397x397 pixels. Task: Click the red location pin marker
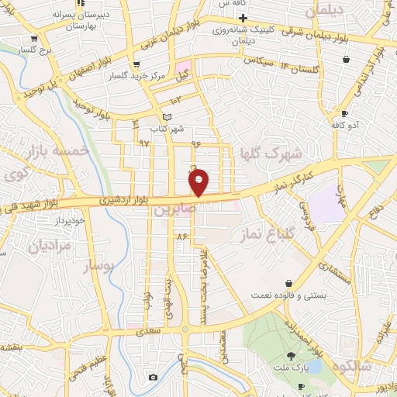click(x=199, y=181)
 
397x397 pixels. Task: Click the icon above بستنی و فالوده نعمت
click(x=289, y=283)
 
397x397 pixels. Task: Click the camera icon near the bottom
click(x=153, y=378)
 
